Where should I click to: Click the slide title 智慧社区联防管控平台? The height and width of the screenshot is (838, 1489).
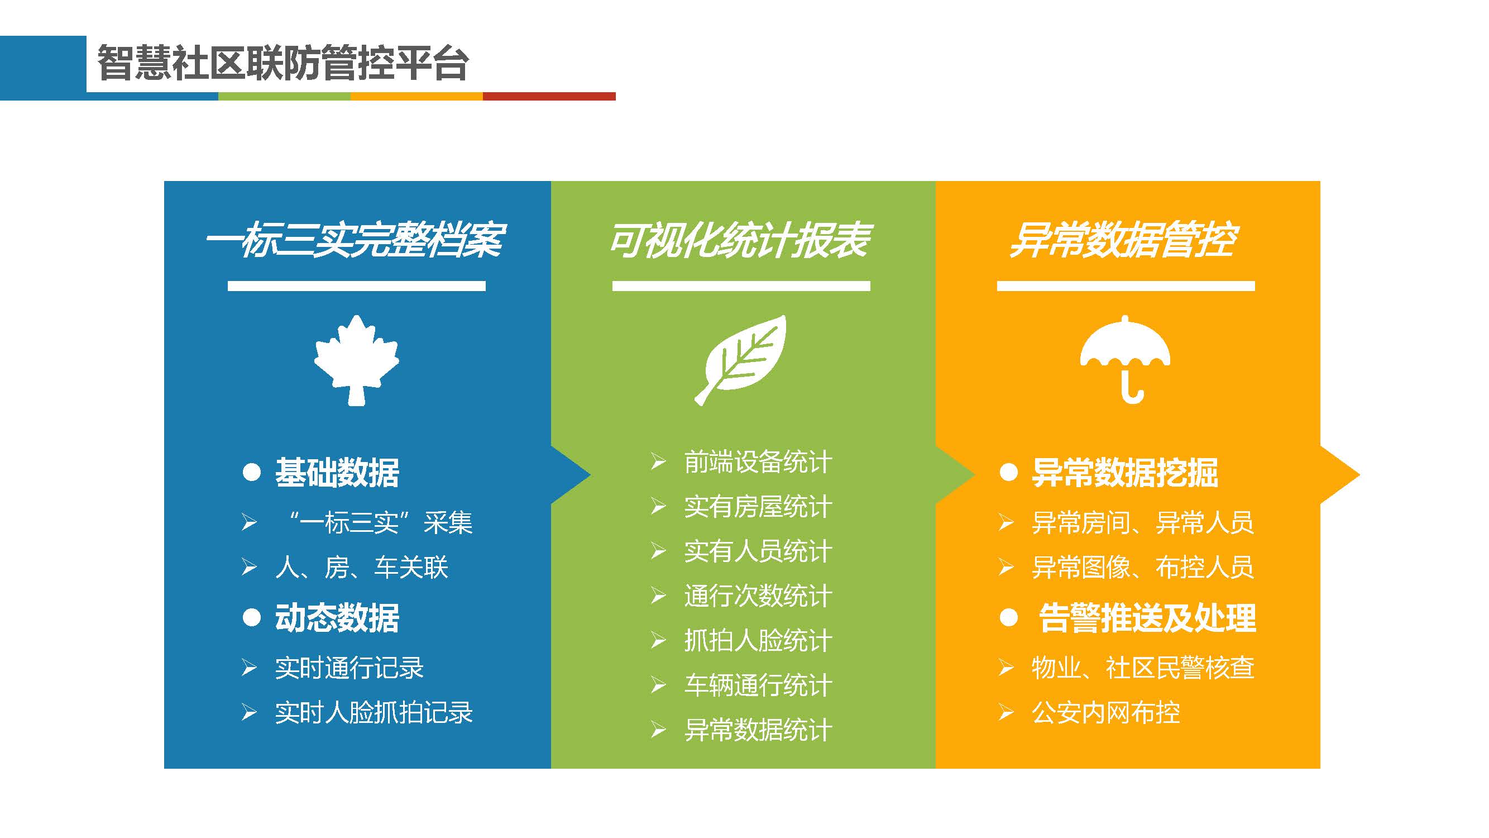283,63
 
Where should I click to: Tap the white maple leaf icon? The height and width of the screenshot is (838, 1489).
356,360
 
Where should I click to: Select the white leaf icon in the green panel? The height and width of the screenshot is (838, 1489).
740,360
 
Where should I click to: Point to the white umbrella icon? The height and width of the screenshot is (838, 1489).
1125,359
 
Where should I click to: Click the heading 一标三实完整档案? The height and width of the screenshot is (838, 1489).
356,240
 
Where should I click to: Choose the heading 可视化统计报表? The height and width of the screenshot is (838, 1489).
740,240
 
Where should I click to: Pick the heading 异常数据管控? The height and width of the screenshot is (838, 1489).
1124,240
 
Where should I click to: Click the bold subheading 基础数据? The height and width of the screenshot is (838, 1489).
337,473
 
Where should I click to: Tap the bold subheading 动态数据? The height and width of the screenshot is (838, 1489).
337,618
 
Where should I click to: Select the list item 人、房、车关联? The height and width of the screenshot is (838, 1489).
362,566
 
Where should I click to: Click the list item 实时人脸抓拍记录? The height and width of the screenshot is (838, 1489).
374,712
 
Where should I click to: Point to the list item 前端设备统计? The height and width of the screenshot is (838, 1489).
758,462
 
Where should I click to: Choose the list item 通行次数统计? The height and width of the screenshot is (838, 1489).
758,596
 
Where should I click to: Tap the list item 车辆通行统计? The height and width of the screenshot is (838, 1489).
758,685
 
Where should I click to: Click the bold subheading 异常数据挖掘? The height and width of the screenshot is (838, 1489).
1125,473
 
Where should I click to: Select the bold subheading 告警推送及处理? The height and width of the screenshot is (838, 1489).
1147,618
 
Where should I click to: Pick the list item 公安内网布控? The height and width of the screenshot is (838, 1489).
1106,712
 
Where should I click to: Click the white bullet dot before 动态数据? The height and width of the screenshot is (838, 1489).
251,617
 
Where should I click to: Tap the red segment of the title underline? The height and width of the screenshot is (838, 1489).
549,96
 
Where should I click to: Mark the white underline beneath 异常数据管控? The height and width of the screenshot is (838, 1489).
1126,285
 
